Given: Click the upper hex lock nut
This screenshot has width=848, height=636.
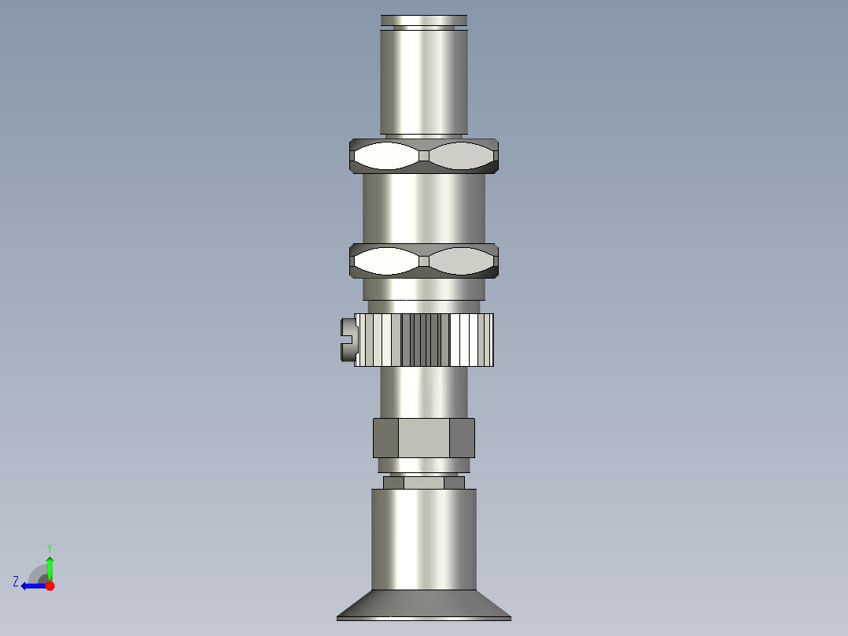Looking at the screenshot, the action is [423, 156].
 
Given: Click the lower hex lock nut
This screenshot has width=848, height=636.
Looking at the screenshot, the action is [423, 261].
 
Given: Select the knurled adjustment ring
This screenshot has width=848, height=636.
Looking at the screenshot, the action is [423, 340].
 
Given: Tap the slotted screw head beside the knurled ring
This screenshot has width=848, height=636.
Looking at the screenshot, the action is [348, 340].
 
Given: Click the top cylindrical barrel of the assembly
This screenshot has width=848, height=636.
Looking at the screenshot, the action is [423, 82].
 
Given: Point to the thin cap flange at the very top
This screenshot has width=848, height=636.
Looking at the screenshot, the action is [423, 20].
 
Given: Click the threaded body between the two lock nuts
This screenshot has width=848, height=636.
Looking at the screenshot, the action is [423, 209].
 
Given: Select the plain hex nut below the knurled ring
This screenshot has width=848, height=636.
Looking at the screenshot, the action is [423, 438].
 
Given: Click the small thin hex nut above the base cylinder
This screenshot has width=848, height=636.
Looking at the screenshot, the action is [423, 483].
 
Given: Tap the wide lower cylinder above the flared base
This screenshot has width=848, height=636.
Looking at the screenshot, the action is [423, 539].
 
